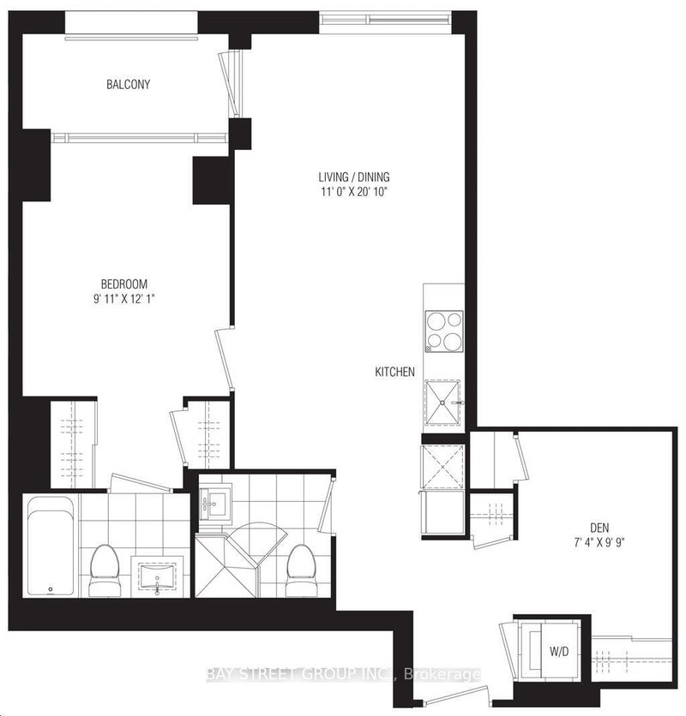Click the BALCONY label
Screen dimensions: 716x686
129,84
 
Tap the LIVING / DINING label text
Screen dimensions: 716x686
352,177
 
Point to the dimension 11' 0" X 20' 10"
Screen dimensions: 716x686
352,192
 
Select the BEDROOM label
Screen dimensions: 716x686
124,284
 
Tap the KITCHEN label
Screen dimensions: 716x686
394,372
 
